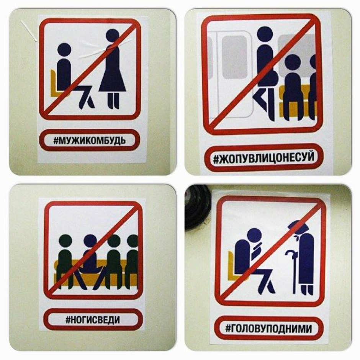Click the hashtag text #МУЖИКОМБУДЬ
pos(90,140)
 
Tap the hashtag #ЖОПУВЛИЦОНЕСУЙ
pos(263,158)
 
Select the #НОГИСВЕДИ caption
pos(93,319)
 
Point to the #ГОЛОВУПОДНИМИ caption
pos(268,329)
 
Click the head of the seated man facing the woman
pos(64,50)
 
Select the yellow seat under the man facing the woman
pos(55,83)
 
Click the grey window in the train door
pos(234,57)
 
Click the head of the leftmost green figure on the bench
pos(65,241)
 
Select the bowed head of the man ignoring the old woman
pos(254,236)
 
